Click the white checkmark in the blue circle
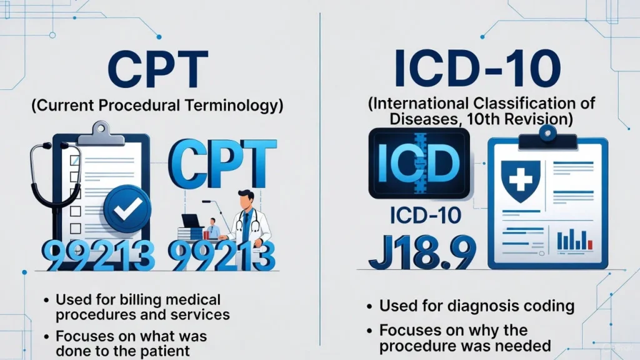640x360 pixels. (x=127, y=209)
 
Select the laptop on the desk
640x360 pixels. (x=191, y=221)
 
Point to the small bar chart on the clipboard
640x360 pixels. (x=573, y=239)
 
